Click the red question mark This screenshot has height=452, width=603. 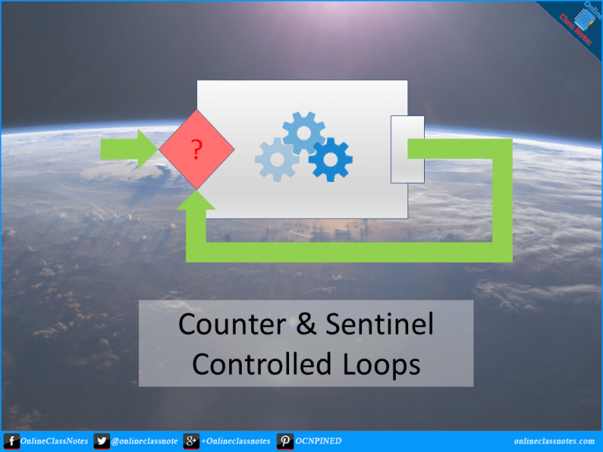click(x=196, y=150)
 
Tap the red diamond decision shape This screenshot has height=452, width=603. click(x=196, y=150)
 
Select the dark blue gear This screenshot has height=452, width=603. click(x=331, y=159)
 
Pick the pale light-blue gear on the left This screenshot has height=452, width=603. click(x=277, y=159)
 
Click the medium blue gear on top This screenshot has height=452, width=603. click(x=304, y=133)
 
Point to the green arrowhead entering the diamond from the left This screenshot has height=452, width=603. click(x=148, y=149)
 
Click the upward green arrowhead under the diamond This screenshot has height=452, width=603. click(x=196, y=200)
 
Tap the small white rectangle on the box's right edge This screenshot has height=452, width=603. click(x=407, y=149)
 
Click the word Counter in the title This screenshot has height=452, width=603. click(x=232, y=324)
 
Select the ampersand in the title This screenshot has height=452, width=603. click(x=305, y=323)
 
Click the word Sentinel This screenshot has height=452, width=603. click(x=379, y=323)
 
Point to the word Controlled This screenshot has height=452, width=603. click(x=261, y=363)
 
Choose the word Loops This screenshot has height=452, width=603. click(x=381, y=365)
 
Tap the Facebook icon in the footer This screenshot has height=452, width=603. click(x=12, y=441)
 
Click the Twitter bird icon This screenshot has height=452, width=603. click(x=101, y=441)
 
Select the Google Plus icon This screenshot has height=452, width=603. click(x=191, y=441)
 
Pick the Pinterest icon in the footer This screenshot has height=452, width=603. click(x=285, y=441)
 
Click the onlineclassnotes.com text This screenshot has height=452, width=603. click(x=554, y=441)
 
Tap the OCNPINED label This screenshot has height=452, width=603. click(x=318, y=441)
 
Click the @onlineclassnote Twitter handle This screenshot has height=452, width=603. click(x=144, y=441)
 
